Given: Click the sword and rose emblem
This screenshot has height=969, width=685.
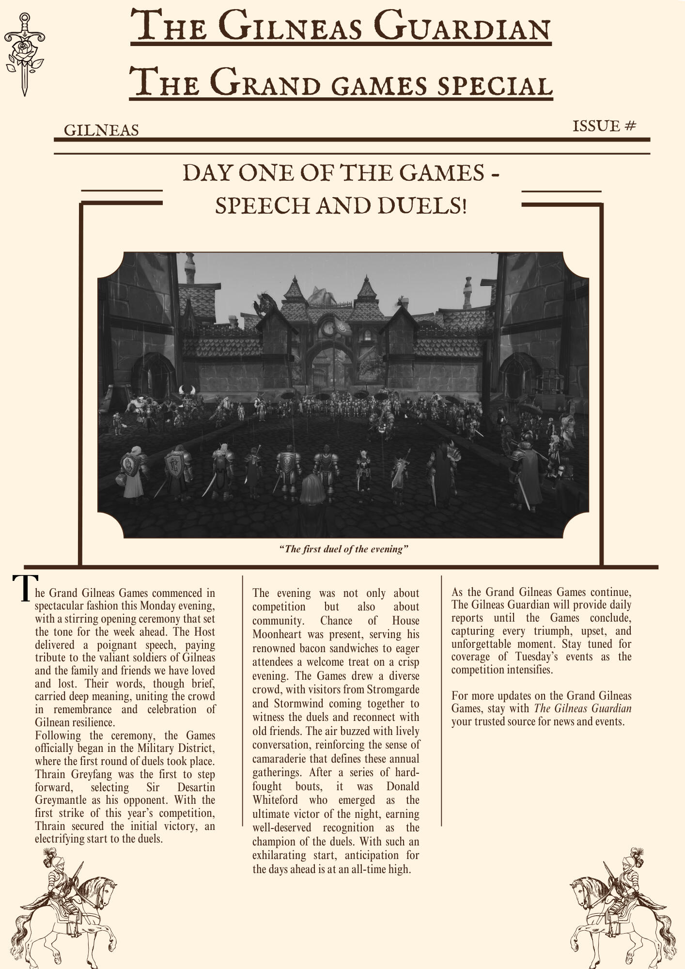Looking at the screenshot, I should click(x=23, y=53).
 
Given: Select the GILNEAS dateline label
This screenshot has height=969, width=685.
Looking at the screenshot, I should click(x=101, y=130).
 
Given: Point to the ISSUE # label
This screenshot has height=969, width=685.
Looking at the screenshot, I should click(x=604, y=126).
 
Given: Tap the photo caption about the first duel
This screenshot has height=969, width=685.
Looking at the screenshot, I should click(x=344, y=549).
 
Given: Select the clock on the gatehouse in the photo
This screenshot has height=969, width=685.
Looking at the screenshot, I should click(x=328, y=328).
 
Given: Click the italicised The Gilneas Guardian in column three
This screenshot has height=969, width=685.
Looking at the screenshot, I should click(x=582, y=709).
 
